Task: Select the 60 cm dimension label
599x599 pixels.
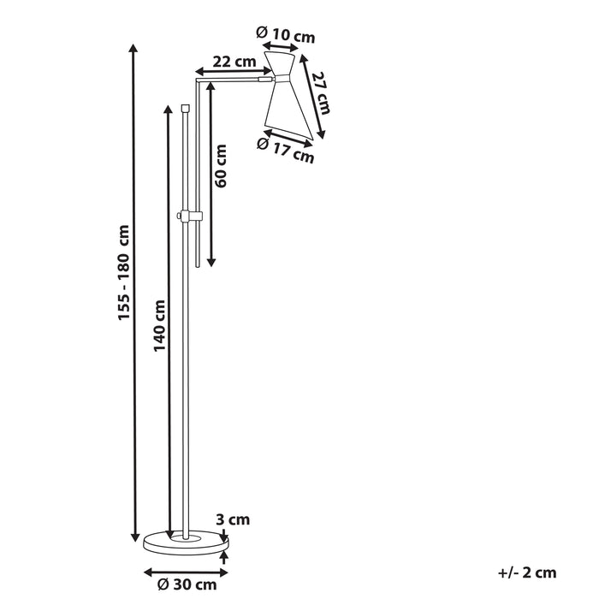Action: point(222,166)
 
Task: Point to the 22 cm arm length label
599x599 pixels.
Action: point(234,61)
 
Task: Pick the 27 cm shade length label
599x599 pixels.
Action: point(321,92)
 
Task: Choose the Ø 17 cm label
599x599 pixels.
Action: point(286,151)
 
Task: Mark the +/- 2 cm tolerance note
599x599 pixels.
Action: point(527,572)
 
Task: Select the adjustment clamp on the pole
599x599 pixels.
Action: point(188,216)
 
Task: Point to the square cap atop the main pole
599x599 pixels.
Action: point(186,109)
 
